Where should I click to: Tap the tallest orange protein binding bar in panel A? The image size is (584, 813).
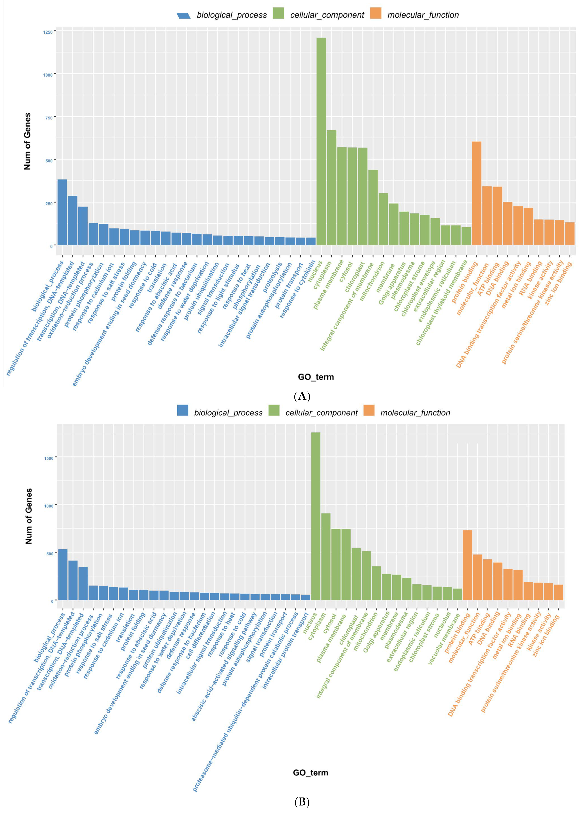pyautogui.click(x=476, y=194)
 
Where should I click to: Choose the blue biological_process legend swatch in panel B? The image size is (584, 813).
pyautogui.click(x=183, y=410)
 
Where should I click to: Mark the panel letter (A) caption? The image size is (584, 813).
pyautogui.click(x=302, y=396)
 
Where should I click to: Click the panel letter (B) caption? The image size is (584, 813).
pyautogui.click(x=302, y=802)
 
